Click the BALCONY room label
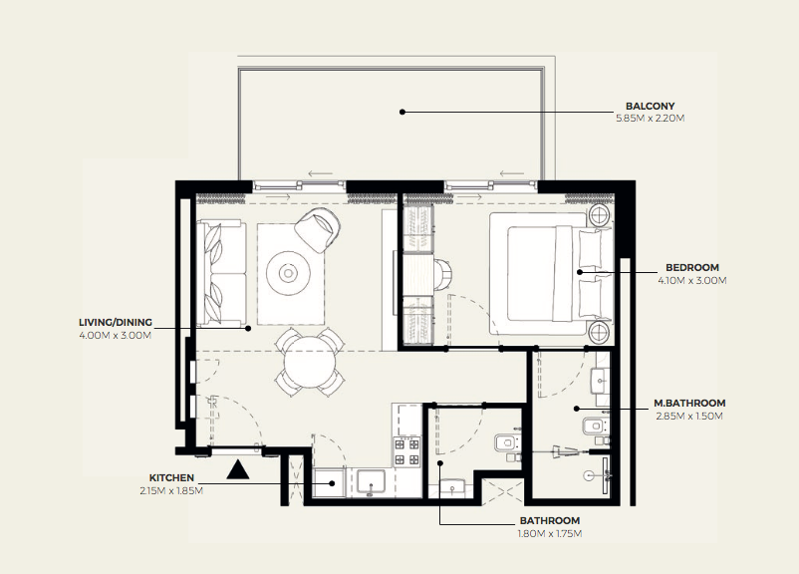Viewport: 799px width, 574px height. [x=650, y=106]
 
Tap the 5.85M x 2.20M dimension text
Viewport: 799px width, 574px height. [x=651, y=119]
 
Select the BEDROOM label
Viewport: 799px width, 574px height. [x=692, y=268]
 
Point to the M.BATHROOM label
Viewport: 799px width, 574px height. [x=689, y=404]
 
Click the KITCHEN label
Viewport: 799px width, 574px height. [x=171, y=478]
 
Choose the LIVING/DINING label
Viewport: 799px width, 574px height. [x=116, y=323]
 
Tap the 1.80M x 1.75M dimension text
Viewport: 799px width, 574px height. [x=550, y=534]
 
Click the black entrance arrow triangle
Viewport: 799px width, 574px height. [x=238, y=470]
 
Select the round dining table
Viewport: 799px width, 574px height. [x=310, y=363]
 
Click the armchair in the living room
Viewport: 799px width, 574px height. [x=318, y=229]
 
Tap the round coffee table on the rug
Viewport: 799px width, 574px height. [x=288, y=274]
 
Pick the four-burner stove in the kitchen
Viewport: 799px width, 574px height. [x=407, y=452]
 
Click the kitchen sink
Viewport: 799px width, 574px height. [x=371, y=482]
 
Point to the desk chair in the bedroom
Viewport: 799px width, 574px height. [x=441, y=275]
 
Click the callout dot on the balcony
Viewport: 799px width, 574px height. [x=402, y=112]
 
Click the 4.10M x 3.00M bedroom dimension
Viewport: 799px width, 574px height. [x=692, y=281]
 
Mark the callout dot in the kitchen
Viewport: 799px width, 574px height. [x=332, y=482]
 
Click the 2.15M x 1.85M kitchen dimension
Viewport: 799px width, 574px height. [x=171, y=491]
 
